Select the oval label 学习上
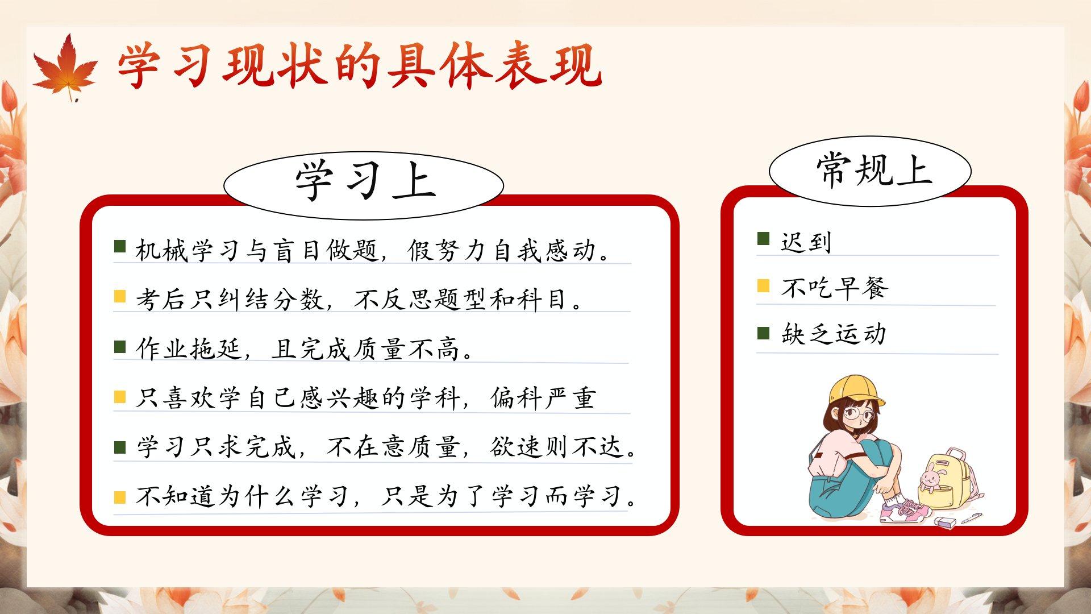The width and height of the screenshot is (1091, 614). [x=364, y=185]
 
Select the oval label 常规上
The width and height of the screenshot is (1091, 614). [x=870, y=171]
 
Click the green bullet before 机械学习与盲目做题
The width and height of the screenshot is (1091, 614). [x=120, y=246]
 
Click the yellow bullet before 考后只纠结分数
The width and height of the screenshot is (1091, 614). [x=120, y=296]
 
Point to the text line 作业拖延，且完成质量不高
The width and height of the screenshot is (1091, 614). [x=305, y=349]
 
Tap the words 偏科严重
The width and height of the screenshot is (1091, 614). [x=543, y=398]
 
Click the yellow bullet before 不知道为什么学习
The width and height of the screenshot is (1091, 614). [x=120, y=497]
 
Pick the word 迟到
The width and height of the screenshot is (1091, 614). [x=806, y=243]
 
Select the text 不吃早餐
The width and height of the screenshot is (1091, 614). [x=834, y=288]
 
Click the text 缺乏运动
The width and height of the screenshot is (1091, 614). [x=834, y=334]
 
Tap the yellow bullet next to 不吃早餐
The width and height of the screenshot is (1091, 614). [x=764, y=285]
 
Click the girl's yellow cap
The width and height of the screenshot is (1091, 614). [x=855, y=391]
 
